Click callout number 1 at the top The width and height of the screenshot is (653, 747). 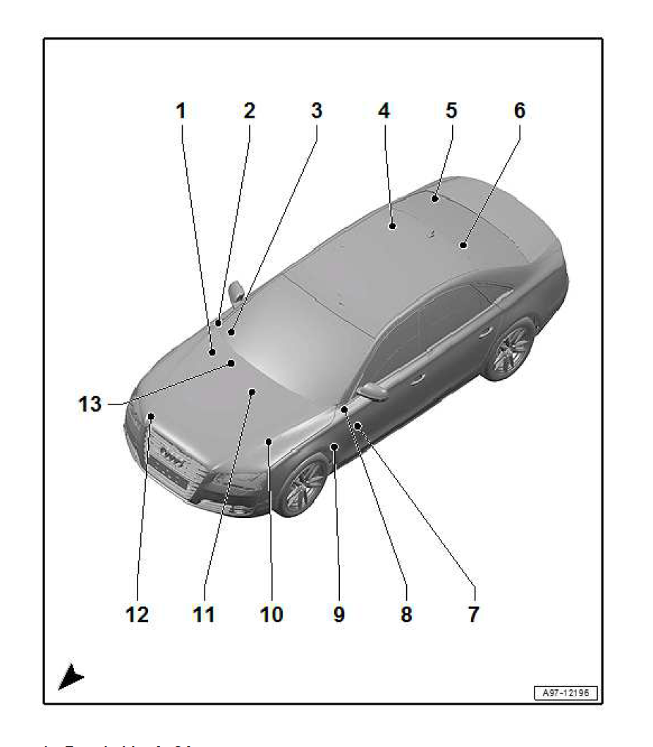(181, 111)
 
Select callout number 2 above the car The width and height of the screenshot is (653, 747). (248, 111)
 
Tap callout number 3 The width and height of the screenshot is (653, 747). (316, 111)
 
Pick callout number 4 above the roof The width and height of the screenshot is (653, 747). (383, 111)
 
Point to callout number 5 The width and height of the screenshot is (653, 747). (451, 111)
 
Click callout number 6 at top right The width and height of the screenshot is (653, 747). (519, 111)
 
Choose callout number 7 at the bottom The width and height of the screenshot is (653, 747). (473, 615)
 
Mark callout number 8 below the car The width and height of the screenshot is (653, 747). (405, 615)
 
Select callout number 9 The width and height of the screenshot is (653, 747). (338, 615)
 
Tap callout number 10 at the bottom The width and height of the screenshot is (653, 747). (271, 615)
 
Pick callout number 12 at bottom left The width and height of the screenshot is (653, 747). (137, 615)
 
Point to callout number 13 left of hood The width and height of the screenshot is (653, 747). (90, 405)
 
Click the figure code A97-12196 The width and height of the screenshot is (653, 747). (565, 694)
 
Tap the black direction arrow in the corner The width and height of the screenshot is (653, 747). (71, 678)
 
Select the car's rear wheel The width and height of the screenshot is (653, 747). (509, 350)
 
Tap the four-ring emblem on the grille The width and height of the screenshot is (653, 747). (173, 452)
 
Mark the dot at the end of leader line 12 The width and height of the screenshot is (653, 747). (150, 417)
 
